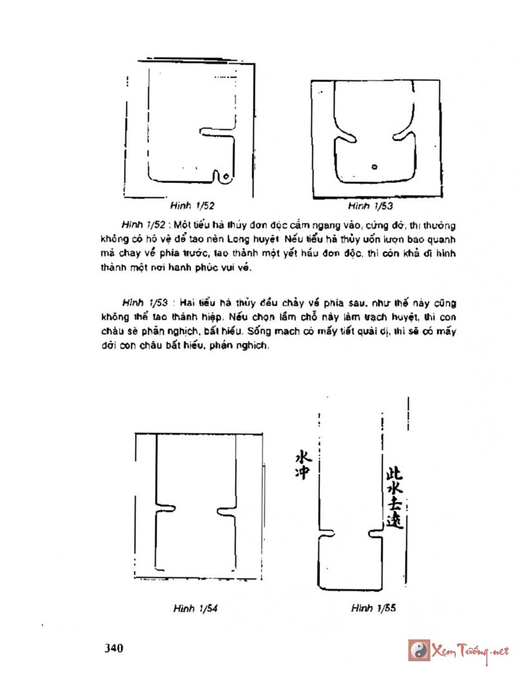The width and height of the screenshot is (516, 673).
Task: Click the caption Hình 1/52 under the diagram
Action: tap(192, 206)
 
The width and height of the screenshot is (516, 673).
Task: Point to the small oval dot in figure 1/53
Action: tap(375, 167)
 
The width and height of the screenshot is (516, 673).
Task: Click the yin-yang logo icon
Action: tap(419, 650)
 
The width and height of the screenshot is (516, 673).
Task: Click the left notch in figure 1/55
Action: tap(330, 533)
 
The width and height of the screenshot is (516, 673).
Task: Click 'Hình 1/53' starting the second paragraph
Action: tap(138, 303)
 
